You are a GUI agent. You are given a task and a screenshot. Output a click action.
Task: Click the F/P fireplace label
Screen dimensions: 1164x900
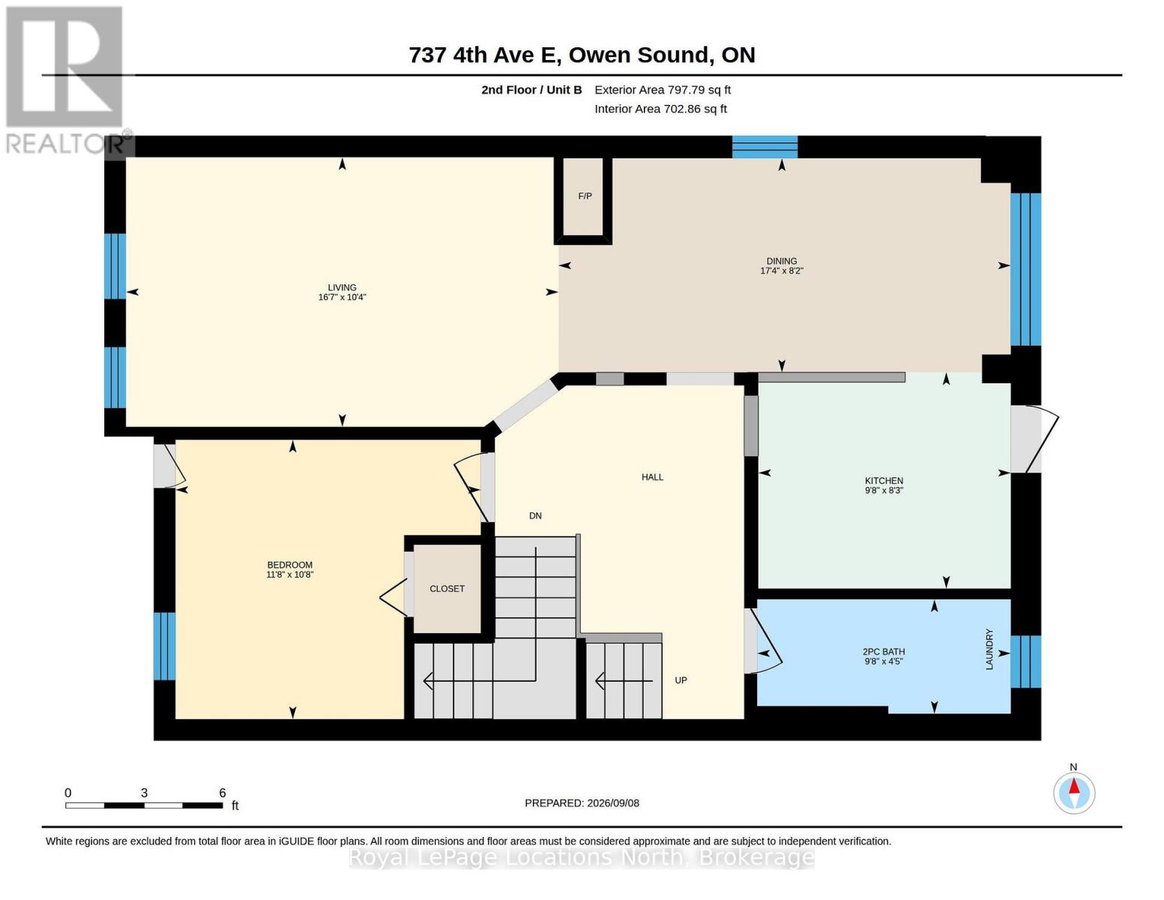585,196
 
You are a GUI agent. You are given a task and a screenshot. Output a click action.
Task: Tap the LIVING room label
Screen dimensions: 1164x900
342,287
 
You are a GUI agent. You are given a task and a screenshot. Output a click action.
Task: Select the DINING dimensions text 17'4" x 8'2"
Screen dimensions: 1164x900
782,271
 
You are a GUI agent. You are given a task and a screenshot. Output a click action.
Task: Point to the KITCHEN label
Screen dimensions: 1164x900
884,480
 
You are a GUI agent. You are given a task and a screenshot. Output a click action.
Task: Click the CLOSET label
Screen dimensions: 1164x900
447,589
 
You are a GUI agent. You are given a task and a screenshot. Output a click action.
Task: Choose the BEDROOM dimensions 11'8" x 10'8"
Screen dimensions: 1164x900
290,574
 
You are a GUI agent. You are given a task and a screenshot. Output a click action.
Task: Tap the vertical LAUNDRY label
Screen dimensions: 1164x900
989,649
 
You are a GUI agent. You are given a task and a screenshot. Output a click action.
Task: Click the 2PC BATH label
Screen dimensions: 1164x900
884,652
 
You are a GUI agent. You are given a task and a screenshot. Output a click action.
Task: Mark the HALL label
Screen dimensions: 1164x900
652,477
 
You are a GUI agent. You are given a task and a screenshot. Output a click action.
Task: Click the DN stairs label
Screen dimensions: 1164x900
535,516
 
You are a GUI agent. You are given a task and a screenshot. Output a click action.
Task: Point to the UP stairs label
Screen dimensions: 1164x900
681,680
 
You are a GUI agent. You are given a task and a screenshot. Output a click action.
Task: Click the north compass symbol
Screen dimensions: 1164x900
1074,793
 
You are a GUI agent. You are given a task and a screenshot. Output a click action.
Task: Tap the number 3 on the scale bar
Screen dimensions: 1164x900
144,793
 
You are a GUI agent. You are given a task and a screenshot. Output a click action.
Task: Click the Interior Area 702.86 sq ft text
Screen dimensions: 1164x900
660,109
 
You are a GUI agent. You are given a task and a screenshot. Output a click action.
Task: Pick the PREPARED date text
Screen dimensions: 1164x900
582,803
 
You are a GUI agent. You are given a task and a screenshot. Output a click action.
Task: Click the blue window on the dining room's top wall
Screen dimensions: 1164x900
765,147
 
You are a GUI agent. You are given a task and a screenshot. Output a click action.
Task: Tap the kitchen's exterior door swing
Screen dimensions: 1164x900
1034,439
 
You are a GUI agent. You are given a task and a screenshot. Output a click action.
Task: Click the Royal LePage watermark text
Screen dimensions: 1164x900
582,857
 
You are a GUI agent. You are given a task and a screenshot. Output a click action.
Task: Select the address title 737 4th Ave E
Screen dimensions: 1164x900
485,55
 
